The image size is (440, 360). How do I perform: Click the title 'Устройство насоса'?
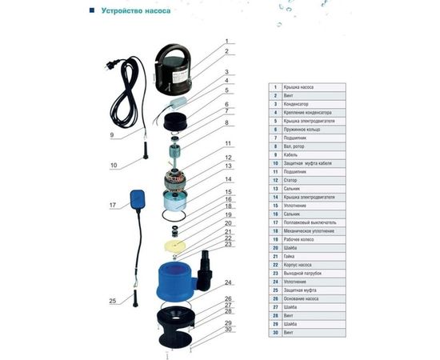136,11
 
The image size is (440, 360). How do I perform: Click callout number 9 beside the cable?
111,136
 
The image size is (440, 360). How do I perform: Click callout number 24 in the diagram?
228,283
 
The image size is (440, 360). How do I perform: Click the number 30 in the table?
275,331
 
